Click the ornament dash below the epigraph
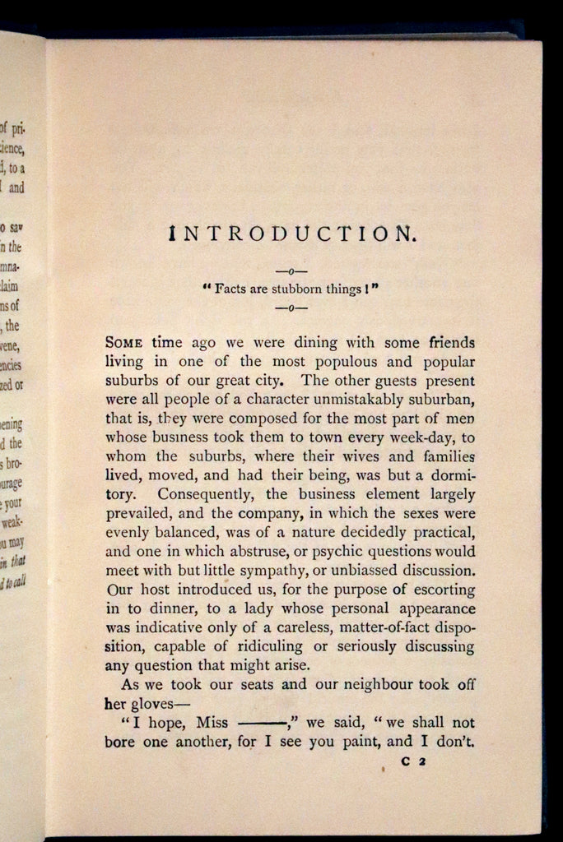pos(291,308)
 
